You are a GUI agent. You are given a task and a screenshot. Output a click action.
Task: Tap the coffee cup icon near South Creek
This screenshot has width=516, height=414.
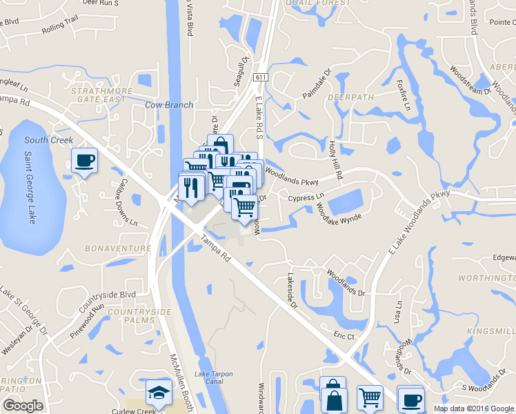tap(85, 161)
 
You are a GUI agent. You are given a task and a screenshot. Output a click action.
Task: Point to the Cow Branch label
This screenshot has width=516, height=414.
tap(169, 105)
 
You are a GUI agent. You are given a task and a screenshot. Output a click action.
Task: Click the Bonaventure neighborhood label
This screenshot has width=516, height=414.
tap(117, 248)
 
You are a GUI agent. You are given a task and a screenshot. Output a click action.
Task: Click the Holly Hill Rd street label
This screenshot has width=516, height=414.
tap(336, 160)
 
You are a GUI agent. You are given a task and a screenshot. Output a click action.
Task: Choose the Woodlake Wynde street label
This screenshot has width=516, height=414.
tap(339, 210)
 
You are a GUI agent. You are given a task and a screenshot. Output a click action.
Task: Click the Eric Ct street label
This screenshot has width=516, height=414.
tap(343, 336)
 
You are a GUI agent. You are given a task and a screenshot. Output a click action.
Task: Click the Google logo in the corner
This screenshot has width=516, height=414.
tap(22, 406)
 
